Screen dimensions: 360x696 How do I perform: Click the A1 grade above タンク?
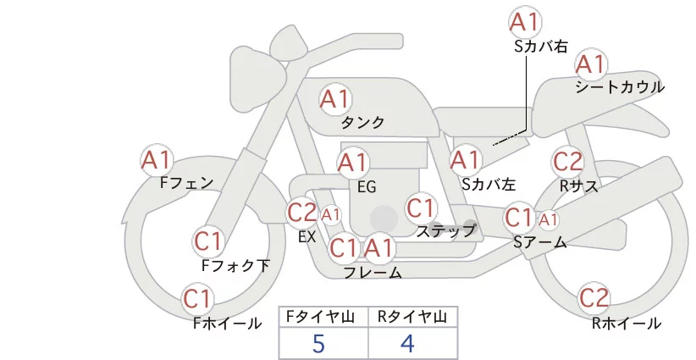(x=334, y=99)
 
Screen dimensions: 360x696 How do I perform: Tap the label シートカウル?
(x=620, y=87)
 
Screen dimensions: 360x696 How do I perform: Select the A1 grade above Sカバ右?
(x=525, y=22)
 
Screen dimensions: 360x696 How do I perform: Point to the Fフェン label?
(x=186, y=181)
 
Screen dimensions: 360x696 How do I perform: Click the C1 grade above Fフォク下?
(x=207, y=241)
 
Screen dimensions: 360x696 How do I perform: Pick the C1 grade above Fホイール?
(x=198, y=299)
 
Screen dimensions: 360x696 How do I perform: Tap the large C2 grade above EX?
(x=301, y=212)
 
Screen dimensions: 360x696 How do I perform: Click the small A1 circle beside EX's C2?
(x=330, y=214)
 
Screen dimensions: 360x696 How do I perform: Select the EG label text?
(x=367, y=186)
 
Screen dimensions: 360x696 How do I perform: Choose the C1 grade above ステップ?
(x=421, y=208)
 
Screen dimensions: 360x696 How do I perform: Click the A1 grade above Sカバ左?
(x=465, y=158)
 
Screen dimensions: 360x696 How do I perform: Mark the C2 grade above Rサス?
(x=567, y=161)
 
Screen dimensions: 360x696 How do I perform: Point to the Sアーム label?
(x=539, y=242)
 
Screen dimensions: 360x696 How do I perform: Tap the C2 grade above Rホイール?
(x=594, y=298)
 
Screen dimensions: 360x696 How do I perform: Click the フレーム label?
(x=373, y=273)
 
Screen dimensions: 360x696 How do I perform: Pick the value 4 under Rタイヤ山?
(x=407, y=344)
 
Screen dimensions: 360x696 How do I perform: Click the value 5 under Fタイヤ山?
(x=318, y=344)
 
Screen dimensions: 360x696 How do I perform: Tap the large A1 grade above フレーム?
(x=378, y=248)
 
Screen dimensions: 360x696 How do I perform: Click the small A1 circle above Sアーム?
(x=549, y=219)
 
